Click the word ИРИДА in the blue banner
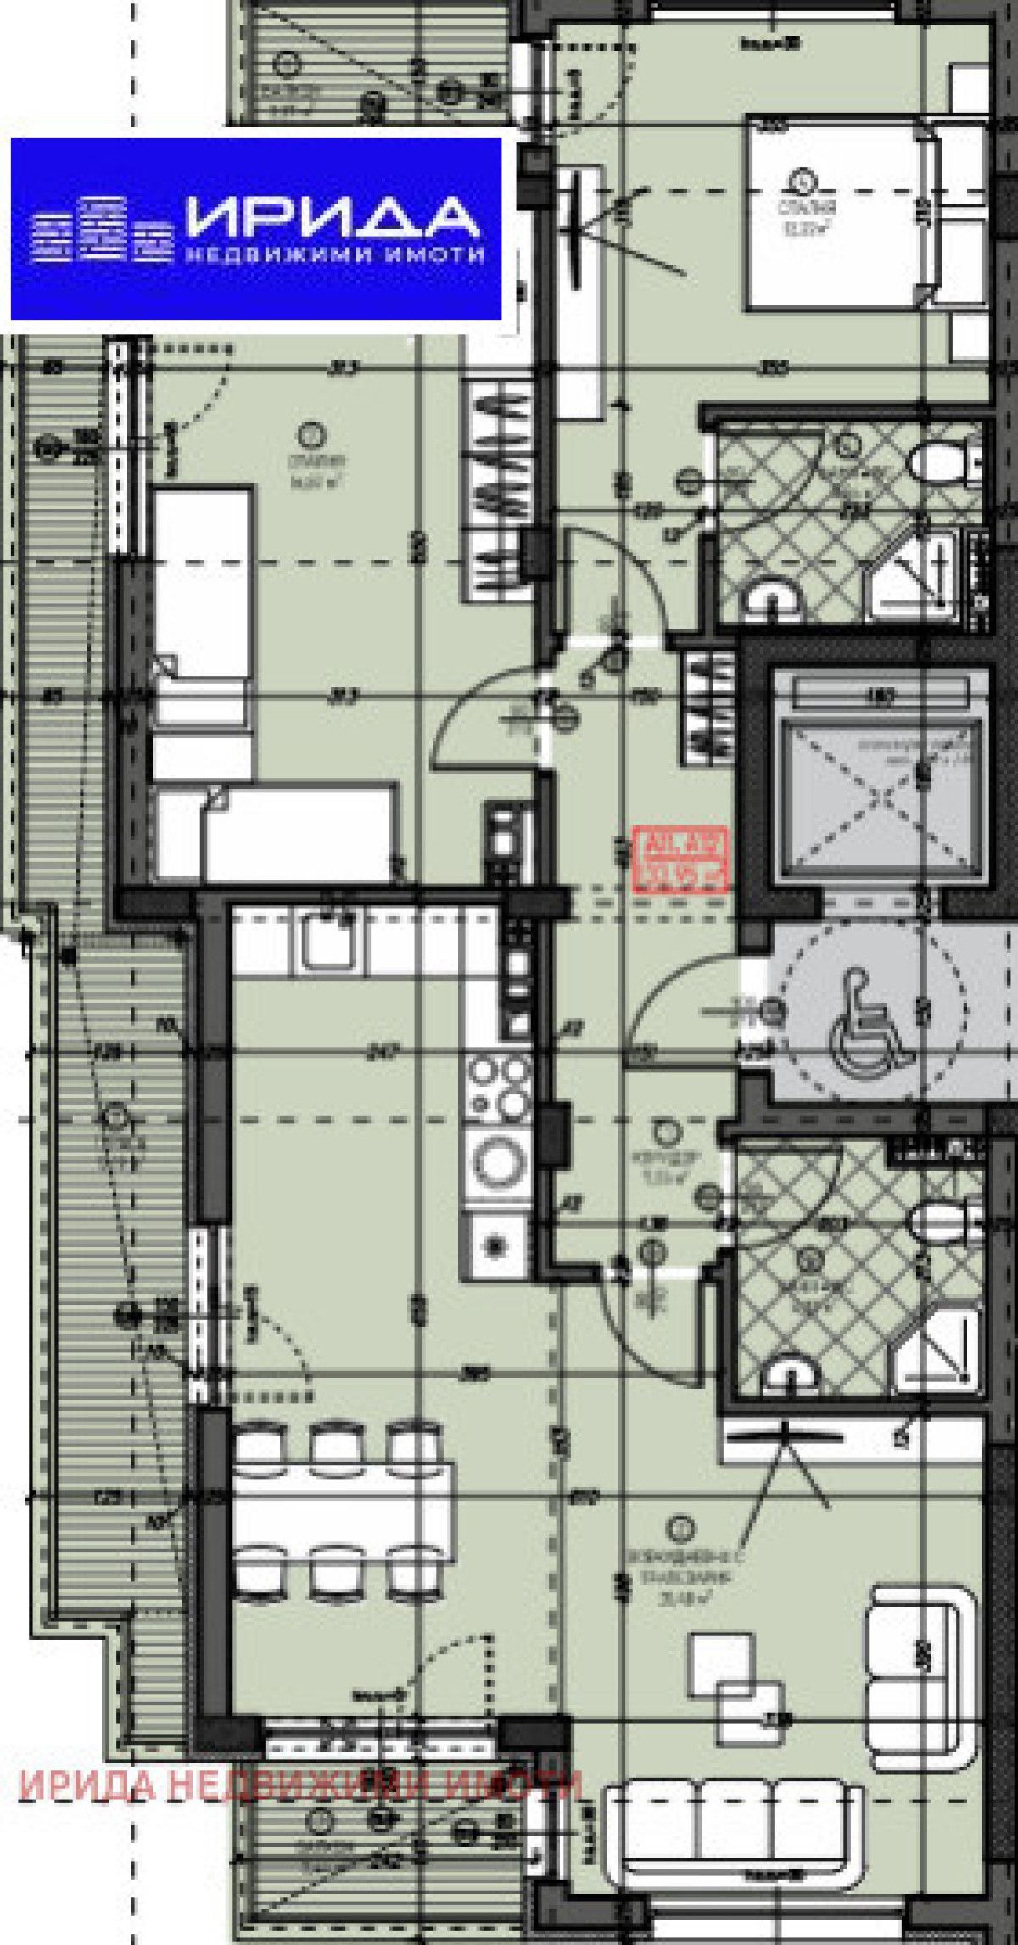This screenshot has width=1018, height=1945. coord(333,218)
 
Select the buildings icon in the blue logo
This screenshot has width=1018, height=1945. coord(96,228)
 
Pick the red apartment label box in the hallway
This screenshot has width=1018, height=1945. coord(680,860)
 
